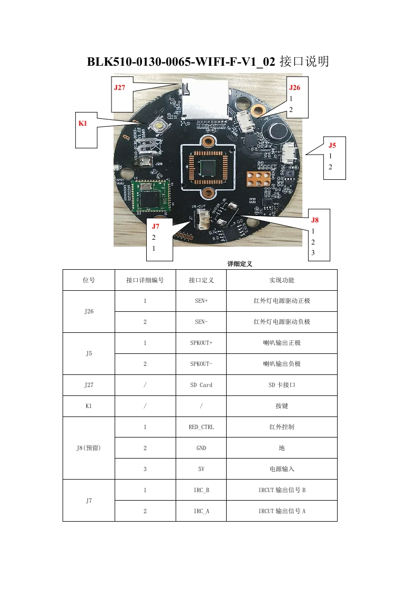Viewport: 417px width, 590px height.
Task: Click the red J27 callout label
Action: pos(119,88)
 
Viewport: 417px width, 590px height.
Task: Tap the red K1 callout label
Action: pos(83,123)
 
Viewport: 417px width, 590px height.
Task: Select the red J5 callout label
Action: pos(332,145)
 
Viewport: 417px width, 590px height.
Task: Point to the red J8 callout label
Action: pos(314,220)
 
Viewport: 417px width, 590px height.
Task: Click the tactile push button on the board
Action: pos(157,126)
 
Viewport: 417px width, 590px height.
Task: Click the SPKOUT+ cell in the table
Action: pos(201,343)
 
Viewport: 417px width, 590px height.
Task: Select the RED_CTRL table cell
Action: pos(201,427)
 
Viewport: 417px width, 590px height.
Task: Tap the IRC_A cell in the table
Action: pos(201,511)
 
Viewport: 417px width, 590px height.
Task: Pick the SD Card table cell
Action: pos(201,385)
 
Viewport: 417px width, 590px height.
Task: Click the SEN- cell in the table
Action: pos(201,322)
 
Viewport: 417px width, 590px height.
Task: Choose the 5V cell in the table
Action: pos(201,469)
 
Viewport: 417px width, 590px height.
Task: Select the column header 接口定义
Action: pos(201,280)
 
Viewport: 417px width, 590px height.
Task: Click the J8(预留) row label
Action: pos(88,448)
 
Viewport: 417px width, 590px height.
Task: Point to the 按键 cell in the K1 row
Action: pos(281,406)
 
